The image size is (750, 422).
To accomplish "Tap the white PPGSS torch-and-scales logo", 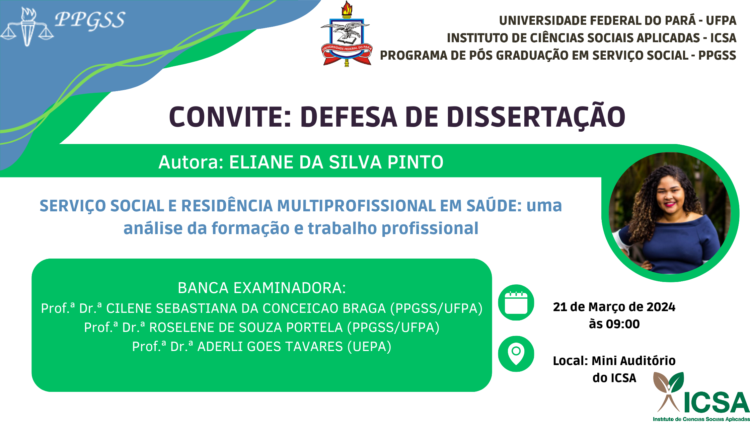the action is tap(27, 27).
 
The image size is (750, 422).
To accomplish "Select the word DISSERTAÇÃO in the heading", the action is tap(536, 117).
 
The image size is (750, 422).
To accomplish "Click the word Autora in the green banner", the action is tap(191, 162).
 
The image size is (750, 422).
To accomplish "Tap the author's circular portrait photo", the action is tap(670, 213).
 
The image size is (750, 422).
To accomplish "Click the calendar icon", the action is tap(516, 302).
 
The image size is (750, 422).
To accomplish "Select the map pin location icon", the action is tap(516, 354).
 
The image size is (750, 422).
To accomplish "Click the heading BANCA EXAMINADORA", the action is tap(261, 288).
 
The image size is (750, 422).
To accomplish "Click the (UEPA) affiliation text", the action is tap(369, 346).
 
